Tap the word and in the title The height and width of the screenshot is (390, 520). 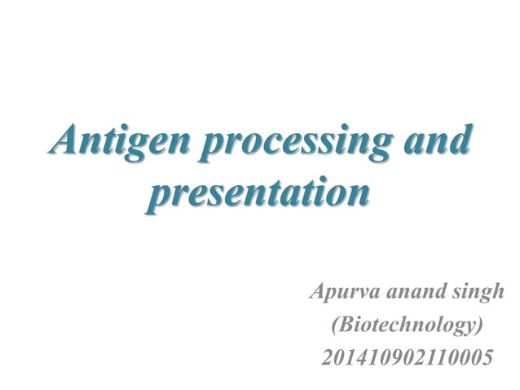click(437, 140)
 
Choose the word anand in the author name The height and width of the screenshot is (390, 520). click(412, 292)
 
